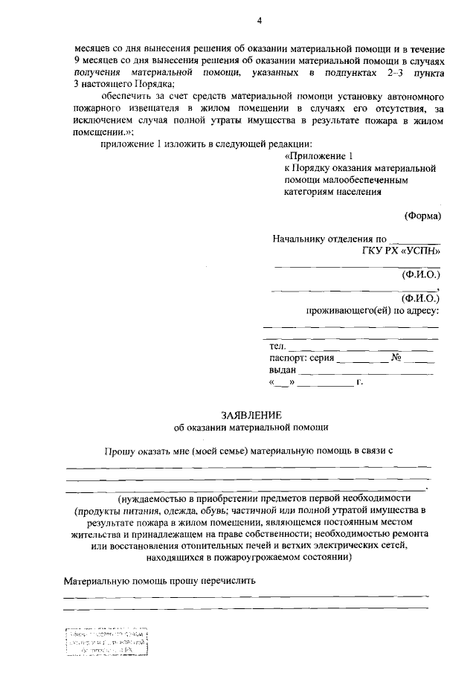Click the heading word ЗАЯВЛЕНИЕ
click(x=250, y=414)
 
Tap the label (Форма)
click(x=422, y=216)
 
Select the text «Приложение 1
click(x=316, y=156)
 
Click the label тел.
click(x=277, y=347)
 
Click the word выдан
click(x=283, y=370)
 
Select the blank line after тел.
click(x=360, y=348)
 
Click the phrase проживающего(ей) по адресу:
click(x=373, y=310)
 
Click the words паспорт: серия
click(x=301, y=358)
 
